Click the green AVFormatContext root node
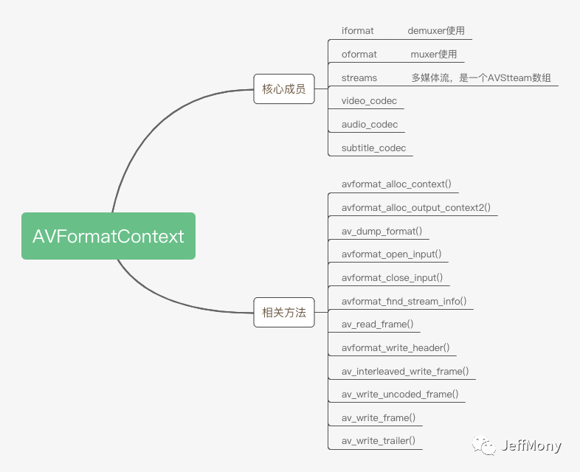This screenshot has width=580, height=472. (108, 236)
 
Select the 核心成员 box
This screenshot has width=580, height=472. (284, 88)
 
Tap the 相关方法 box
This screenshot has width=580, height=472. (284, 312)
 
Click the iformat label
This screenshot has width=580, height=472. (357, 31)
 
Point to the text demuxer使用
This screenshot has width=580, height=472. (436, 31)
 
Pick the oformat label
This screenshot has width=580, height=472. (359, 55)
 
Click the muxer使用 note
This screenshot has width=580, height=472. (433, 55)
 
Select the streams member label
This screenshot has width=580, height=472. (359, 78)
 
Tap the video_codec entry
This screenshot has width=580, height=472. (369, 101)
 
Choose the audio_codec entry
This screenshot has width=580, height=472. (370, 125)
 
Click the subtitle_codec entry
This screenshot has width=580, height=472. (373, 147)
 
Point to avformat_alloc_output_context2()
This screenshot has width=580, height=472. (415, 208)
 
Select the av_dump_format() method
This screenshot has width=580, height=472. (382, 232)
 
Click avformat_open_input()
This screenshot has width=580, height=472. (391, 254)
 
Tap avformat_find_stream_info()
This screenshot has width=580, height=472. (404, 301)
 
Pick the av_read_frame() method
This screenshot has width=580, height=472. (377, 324)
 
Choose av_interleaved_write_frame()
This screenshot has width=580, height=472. (405, 371)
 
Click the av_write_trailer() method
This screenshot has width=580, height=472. (379, 440)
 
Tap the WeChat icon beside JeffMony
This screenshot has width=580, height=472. (483, 445)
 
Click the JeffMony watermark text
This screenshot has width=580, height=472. (531, 445)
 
